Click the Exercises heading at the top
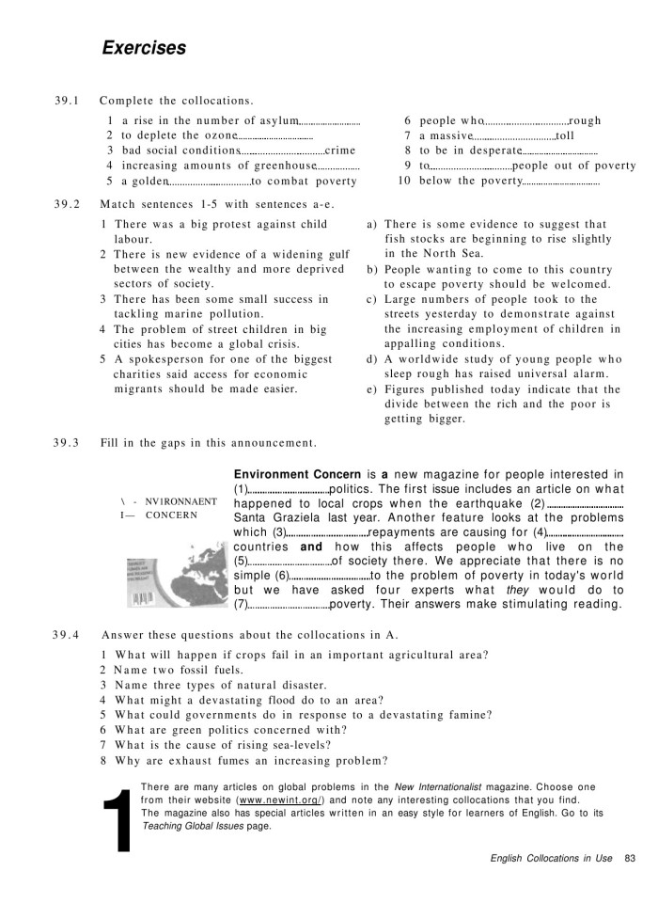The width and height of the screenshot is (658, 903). coord(144,48)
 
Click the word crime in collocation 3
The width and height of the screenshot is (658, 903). coord(340,150)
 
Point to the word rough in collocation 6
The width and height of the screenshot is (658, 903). coord(586,120)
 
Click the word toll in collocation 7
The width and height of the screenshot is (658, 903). coord(565,135)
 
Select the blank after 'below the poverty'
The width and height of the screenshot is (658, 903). coord(561,182)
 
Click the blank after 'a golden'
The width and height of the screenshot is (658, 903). coord(210,182)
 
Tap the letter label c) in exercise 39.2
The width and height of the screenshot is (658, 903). coord(372,299)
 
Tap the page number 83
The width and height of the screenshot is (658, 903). coord(630,857)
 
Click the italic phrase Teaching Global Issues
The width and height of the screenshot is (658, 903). coord(182,825)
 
